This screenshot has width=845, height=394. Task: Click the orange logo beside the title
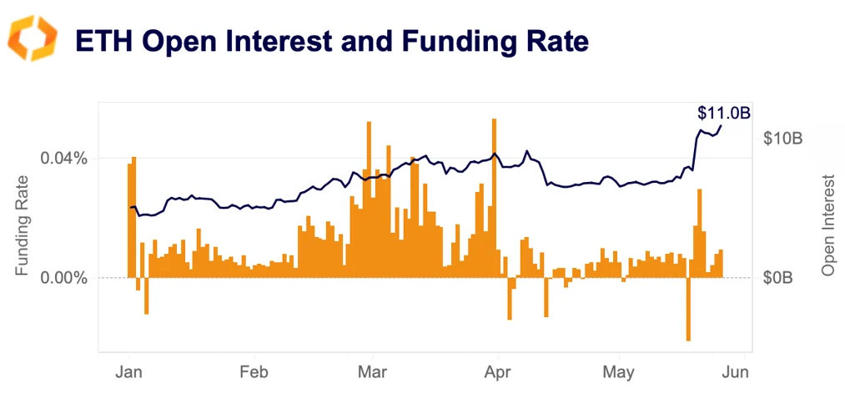[x=32, y=38]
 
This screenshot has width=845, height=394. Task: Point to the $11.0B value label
[x=723, y=113]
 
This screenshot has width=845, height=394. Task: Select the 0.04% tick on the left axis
[x=64, y=158]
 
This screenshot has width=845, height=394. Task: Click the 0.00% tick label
[x=64, y=277]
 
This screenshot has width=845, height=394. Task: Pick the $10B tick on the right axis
[x=782, y=139]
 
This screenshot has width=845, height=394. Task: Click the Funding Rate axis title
[x=23, y=225]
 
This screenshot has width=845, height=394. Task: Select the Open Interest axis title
[x=828, y=225]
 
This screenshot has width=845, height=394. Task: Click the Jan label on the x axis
[x=131, y=372]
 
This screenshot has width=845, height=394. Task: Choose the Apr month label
[x=497, y=372]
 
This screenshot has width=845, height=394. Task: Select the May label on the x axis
[x=618, y=372]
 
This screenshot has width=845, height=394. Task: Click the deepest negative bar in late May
[x=688, y=309]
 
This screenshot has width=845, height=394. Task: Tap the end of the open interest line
[x=722, y=126]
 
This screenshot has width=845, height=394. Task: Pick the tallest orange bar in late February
[x=369, y=200]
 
